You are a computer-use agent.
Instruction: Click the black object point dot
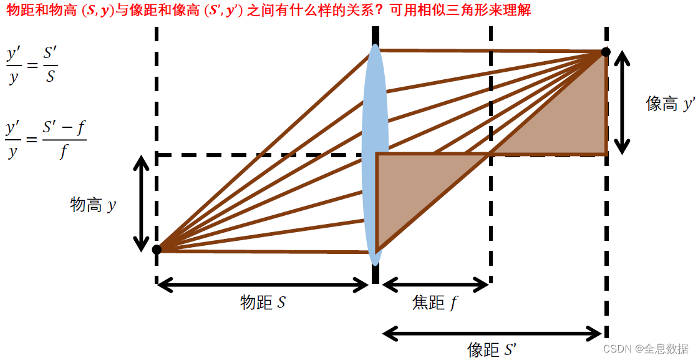[157, 250]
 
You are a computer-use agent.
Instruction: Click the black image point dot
[605, 52]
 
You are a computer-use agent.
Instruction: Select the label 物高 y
[93, 205]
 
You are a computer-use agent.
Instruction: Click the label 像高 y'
[670, 104]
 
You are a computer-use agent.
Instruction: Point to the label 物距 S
[263, 303]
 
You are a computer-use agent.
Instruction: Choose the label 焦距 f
[435, 303]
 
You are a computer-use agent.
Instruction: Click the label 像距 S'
[492, 349]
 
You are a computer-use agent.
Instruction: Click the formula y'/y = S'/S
[32, 64]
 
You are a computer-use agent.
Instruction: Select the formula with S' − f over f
[46, 140]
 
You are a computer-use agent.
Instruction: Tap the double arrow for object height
[142, 203]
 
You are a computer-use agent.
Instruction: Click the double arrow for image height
[621, 103]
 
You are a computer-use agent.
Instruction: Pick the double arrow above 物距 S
[263, 285]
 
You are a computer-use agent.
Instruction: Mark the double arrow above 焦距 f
[435, 285]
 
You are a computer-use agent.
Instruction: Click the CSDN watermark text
[645, 348]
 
